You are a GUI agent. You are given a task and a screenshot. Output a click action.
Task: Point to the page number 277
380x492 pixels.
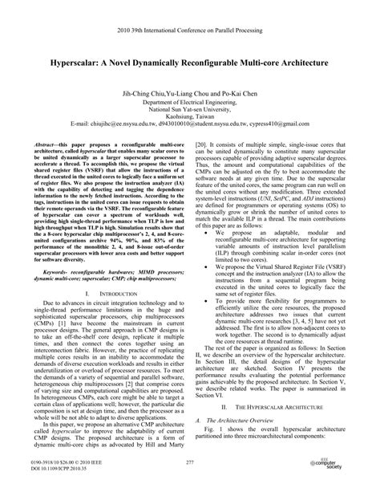click(x=190, y=462)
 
